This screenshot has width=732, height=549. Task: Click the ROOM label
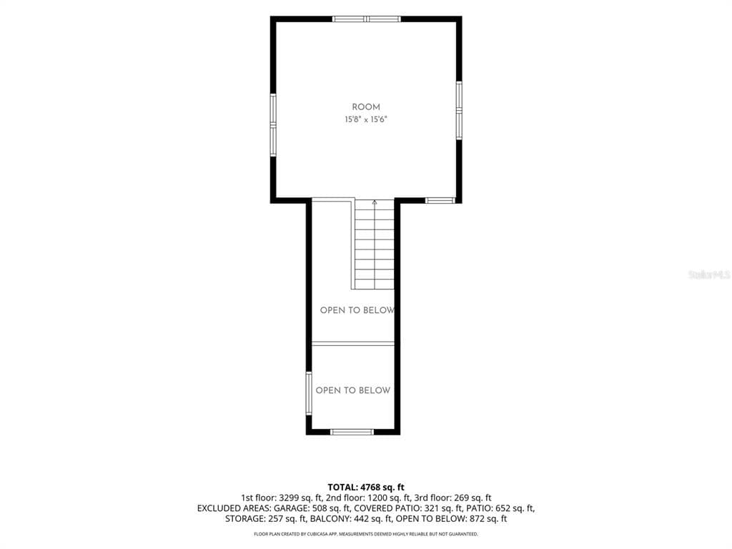point(366,107)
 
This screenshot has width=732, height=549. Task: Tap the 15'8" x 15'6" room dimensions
point(366,119)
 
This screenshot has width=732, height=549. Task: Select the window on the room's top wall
point(367,19)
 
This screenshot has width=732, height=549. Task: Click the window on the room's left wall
point(273,124)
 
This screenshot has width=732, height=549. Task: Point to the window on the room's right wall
point(460,110)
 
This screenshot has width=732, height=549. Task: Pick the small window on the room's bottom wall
point(440,201)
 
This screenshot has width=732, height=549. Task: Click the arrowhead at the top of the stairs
point(375,202)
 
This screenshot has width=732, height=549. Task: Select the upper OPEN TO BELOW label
point(357,310)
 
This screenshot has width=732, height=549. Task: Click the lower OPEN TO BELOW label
point(353,390)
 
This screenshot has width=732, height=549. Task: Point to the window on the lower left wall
point(309,393)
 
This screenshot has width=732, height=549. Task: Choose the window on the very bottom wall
point(352,432)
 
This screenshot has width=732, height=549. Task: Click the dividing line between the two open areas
point(353,344)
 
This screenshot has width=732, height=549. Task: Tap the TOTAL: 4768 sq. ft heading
point(366,488)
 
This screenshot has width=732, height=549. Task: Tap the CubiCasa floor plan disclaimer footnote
point(366,533)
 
